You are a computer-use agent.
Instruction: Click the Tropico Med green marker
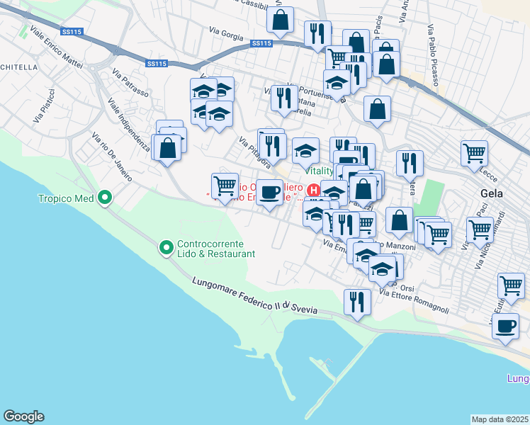(106, 198)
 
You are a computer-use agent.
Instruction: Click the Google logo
(23, 416)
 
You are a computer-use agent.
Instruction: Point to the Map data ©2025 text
(500, 419)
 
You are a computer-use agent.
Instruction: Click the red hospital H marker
(312, 189)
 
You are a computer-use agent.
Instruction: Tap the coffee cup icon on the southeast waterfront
(505, 326)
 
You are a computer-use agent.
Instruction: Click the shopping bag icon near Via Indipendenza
(168, 149)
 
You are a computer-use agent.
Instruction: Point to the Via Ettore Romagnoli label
(415, 299)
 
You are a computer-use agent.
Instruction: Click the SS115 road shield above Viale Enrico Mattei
(71, 32)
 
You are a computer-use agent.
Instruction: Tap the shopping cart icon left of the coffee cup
(225, 186)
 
